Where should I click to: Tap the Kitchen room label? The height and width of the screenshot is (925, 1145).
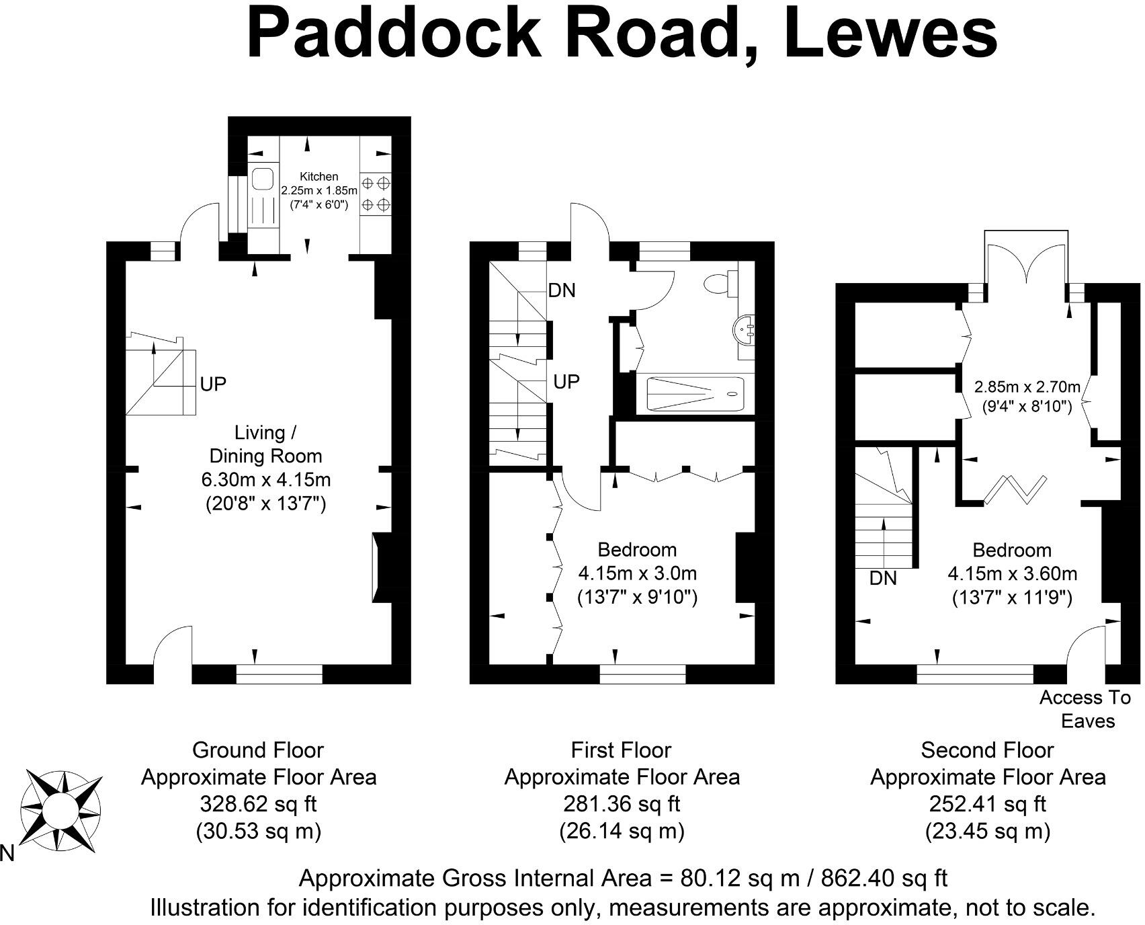(319, 177)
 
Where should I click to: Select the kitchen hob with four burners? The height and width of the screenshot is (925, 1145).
(376, 194)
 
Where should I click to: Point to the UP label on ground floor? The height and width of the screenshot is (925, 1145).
(213, 385)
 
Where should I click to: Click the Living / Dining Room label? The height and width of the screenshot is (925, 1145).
(266, 444)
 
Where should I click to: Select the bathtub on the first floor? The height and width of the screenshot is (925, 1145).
(695, 395)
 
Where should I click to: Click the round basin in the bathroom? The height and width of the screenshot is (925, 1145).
(745, 329)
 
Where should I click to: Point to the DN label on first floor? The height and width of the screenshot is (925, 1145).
(562, 290)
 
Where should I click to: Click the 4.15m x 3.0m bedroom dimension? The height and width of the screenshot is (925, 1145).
(637, 573)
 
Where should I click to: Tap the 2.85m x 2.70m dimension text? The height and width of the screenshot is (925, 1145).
(1027, 387)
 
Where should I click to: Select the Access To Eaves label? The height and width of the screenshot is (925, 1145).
(1085, 709)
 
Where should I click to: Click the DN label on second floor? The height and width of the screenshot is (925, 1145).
(882, 578)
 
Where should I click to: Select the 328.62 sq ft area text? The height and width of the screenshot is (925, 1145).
(258, 804)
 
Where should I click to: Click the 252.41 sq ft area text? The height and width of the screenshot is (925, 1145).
(987, 804)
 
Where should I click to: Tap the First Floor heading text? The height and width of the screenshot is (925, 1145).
(621, 750)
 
